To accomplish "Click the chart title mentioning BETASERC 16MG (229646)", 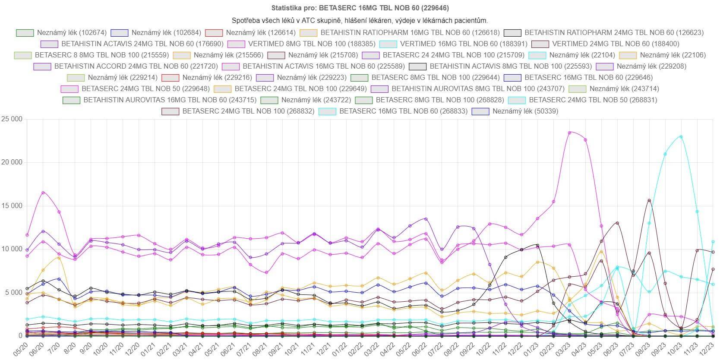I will [x=360, y=8].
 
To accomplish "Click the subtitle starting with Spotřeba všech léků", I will [x=360, y=20].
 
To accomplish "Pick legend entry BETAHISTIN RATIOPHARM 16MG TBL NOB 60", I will [x=410, y=32].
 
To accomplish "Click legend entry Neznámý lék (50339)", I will [x=525, y=111].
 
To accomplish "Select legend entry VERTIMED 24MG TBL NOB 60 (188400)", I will [x=616, y=44].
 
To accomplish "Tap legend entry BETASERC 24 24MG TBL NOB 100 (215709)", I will [x=453, y=55].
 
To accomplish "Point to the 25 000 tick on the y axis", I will [x=12, y=119].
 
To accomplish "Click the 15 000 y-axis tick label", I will [x=12, y=206].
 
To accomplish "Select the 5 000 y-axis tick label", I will [x=13, y=293].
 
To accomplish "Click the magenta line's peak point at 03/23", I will [x=570, y=133].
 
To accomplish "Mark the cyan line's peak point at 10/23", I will [x=681, y=136].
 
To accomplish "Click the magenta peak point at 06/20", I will [x=43, y=193].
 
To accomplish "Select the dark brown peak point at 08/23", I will [x=649, y=200].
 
